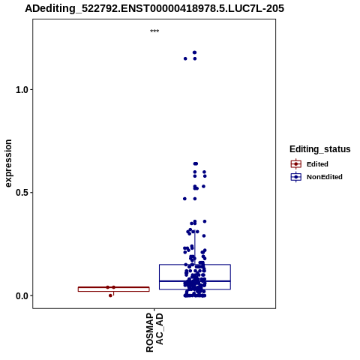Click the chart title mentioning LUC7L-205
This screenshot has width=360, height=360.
tap(154, 8)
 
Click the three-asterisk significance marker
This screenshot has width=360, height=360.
tap(154, 31)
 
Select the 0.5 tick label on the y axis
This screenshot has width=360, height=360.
tap(22, 193)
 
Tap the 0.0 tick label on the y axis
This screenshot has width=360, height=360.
tap(22, 295)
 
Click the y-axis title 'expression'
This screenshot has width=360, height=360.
tap(8, 163)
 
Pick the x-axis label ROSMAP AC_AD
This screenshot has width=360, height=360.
tap(154, 332)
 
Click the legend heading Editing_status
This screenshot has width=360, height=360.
tap(320, 149)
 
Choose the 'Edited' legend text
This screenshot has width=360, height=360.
tap(317, 164)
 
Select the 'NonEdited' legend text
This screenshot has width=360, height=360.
tap(325, 177)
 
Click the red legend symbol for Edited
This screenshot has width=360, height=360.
tap(296, 164)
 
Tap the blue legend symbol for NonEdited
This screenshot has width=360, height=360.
tap(296, 177)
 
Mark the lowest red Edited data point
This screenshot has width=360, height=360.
tap(110, 295)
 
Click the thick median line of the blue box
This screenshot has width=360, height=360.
tap(195, 281)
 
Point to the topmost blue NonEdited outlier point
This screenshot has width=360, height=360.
tap(194, 52)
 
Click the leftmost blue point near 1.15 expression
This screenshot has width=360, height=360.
tap(185, 58)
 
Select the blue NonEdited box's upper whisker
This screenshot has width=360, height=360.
tap(195, 247)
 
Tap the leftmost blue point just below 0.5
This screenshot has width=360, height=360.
tap(184, 199)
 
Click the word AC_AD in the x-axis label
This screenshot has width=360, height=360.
tap(160, 329)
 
